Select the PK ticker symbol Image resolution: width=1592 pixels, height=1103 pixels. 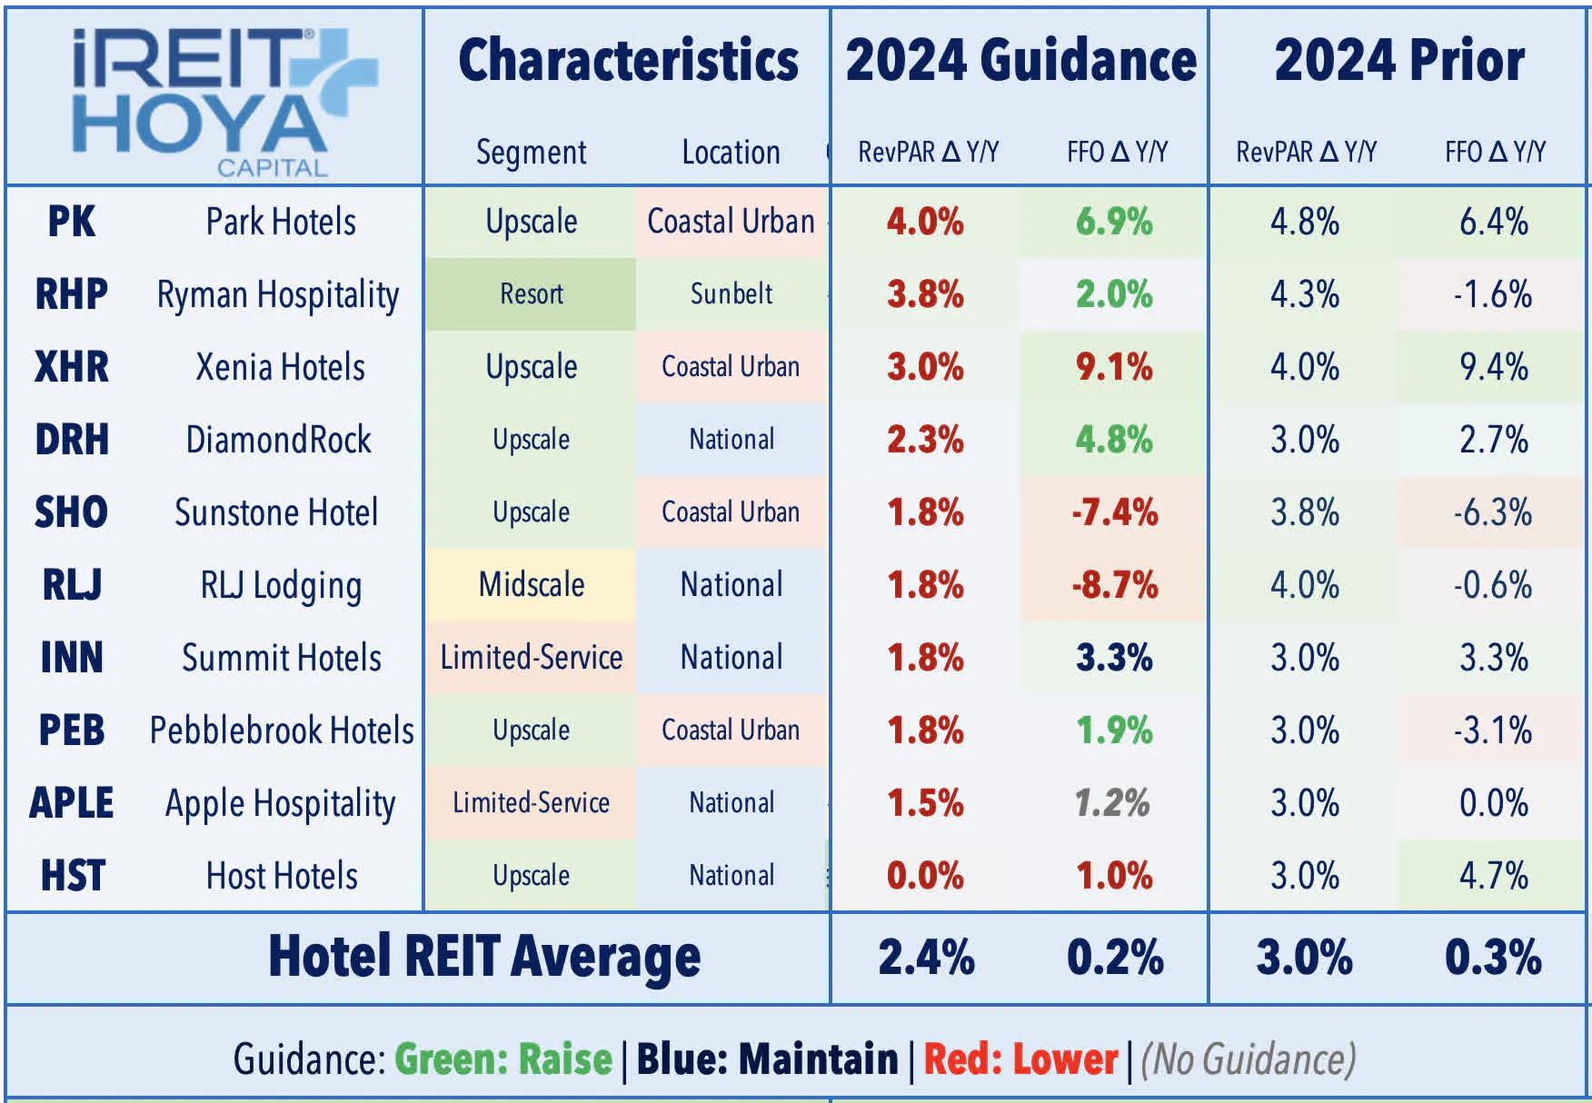[x=71, y=222]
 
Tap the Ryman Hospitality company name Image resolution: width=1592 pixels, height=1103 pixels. [x=277, y=295]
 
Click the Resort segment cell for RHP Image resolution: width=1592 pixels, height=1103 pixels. [x=532, y=294]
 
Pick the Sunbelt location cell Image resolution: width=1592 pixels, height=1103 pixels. [x=731, y=294]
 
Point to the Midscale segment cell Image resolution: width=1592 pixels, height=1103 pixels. [x=532, y=585]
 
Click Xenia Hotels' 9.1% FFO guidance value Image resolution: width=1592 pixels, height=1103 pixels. [x=1114, y=367]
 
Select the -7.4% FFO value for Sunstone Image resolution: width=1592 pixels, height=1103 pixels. [x=1114, y=512]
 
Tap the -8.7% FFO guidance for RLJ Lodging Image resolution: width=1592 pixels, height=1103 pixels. [x=1114, y=585]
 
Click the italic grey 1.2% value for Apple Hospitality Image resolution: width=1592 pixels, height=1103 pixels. [x=1112, y=803]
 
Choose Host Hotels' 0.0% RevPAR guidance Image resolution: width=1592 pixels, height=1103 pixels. [x=925, y=876]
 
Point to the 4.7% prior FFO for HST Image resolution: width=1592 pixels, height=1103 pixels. [x=1493, y=876]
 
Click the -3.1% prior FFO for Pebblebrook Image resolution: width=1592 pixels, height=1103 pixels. [x=1493, y=730]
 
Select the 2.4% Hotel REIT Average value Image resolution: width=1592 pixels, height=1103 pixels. [x=926, y=958]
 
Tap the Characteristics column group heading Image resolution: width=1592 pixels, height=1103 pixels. [x=628, y=61]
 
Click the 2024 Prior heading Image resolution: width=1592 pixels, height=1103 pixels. [x=1399, y=61]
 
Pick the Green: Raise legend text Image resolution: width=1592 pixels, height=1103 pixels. [x=503, y=1059]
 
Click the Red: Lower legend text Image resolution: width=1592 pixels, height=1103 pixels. [x=1020, y=1059]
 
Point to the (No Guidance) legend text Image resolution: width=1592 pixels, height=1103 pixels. [x=1249, y=1059]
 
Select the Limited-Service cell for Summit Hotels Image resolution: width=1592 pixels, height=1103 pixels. [x=532, y=658]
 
